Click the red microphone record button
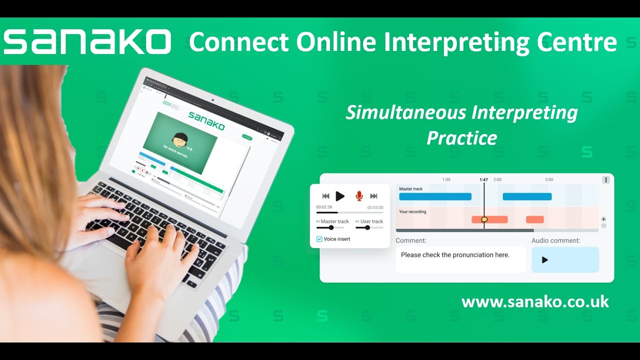point(359,196)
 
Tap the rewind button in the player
point(325,196)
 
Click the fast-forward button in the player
point(373,196)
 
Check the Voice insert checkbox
point(319,239)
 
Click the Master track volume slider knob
point(331,227)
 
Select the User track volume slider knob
point(367,227)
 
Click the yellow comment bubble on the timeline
point(484,219)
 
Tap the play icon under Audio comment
point(545,260)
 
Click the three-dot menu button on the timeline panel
point(605,180)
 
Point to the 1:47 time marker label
point(483,179)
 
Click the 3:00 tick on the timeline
point(549,179)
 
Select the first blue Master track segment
point(435,196)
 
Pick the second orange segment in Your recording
point(534,219)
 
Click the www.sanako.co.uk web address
point(535,301)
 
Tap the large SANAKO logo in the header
point(87,42)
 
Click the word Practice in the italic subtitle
point(461,137)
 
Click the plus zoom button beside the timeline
point(603,219)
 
